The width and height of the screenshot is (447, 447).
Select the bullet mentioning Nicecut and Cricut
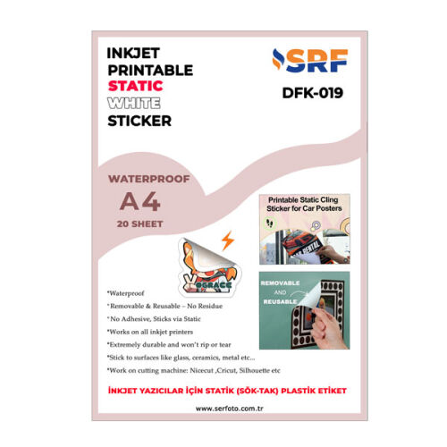point(193,368)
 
